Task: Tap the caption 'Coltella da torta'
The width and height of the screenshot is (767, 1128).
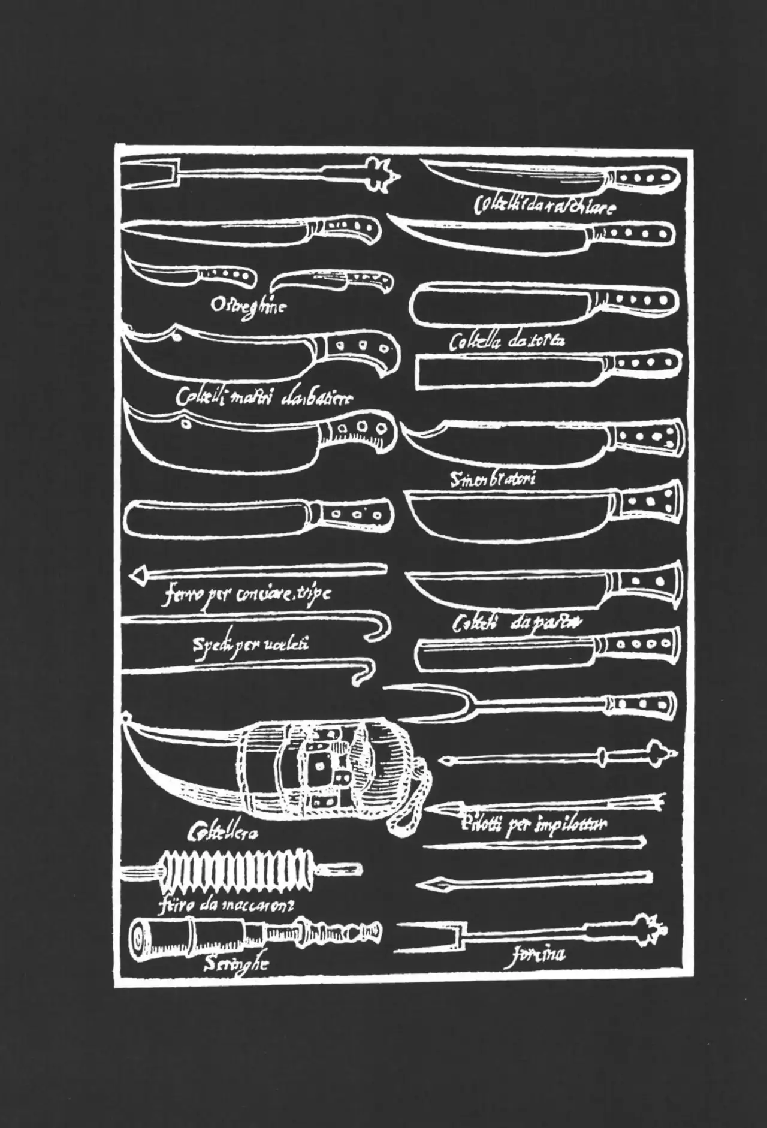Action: pyautogui.click(x=507, y=342)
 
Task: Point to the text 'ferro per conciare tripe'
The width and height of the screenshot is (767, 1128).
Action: pyautogui.click(x=246, y=595)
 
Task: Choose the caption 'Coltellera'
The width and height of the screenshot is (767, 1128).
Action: pyautogui.click(x=223, y=832)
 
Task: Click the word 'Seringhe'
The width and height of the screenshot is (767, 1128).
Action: pyautogui.click(x=235, y=964)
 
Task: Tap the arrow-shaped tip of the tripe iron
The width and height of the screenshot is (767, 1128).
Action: pyautogui.click(x=140, y=575)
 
